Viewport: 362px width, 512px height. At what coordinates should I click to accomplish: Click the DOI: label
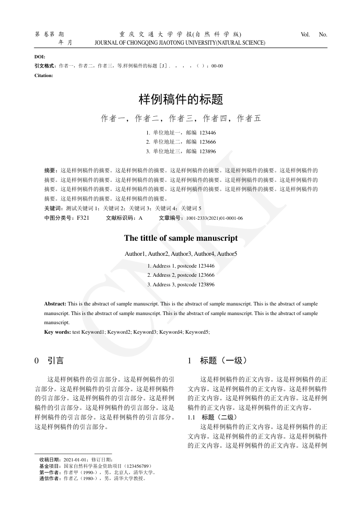(40, 57)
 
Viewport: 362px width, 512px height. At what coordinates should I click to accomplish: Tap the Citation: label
(44, 75)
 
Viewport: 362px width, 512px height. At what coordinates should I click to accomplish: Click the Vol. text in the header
(305, 35)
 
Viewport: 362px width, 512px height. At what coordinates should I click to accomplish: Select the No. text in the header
(323, 35)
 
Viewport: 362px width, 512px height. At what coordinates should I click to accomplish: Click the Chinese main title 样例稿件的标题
(181, 99)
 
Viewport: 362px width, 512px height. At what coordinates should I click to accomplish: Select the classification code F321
(83, 218)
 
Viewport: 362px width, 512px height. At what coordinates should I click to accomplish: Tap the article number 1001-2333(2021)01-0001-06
(214, 218)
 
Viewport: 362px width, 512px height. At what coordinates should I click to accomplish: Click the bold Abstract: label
(55, 304)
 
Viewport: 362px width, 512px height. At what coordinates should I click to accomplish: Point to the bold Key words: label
(57, 332)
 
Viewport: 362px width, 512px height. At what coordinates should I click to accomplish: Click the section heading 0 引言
(49, 361)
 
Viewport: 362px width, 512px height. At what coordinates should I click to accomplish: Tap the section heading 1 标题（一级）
(217, 361)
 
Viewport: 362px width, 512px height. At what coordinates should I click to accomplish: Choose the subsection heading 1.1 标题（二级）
(212, 417)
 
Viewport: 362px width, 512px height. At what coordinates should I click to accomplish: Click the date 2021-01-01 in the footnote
(76, 460)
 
